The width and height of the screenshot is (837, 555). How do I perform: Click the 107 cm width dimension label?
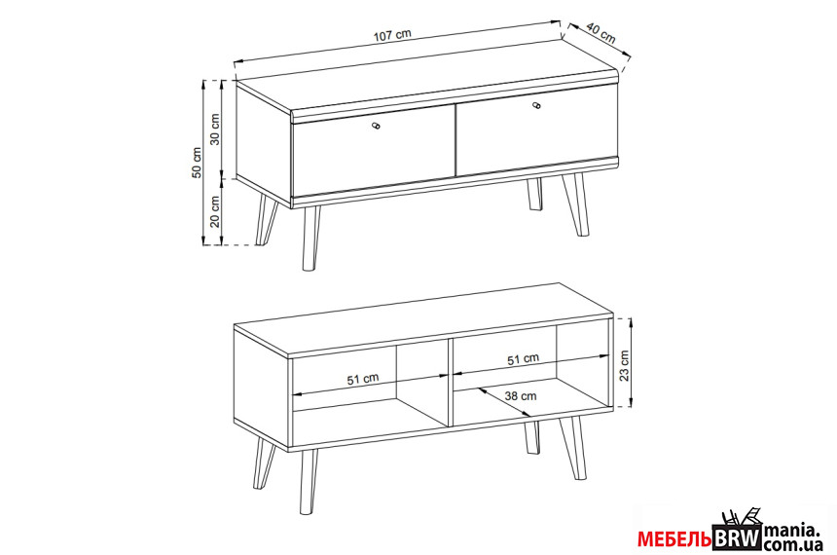pyautogui.click(x=392, y=35)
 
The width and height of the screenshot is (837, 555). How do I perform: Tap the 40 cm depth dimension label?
pyautogui.click(x=600, y=32)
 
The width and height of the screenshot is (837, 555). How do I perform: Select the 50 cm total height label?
pyautogui.click(x=197, y=163)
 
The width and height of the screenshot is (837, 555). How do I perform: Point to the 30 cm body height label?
pyautogui.click(x=214, y=129)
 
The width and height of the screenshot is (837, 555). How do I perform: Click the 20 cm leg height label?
pyautogui.click(x=214, y=211)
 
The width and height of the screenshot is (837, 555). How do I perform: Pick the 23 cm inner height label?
pyautogui.click(x=624, y=366)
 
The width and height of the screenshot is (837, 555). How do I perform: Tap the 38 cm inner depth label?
pyautogui.click(x=521, y=396)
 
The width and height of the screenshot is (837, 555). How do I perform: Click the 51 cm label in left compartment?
pyautogui.click(x=363, y=379)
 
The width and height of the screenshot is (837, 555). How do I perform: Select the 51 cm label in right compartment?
pyautogui.click(x=524, y=359)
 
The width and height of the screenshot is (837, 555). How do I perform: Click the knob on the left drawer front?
pyautogui.click(x=376, y=126)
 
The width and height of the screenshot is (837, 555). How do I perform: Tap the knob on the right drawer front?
pyautogui.click(x=536, y=105)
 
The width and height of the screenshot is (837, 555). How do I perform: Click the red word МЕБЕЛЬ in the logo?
pyautogui.click(x=674, y=539)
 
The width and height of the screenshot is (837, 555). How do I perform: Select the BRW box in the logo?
pyautogui.click(x=737, y=537)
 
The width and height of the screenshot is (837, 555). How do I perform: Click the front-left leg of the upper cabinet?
pyautogui.click(x=310, y=239)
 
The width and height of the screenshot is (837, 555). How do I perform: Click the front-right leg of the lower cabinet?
pyautogui.click(x=573, y=448)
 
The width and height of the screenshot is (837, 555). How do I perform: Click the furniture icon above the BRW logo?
pyautogui.click(x=741, y=517)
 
